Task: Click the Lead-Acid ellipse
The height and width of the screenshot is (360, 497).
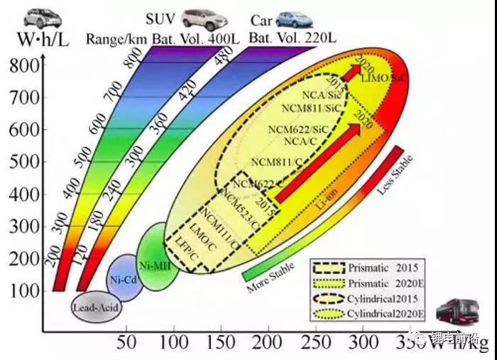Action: [97, 307]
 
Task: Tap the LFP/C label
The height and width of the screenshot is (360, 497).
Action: [184, 250]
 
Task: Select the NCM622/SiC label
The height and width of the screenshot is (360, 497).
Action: [299, 129]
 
